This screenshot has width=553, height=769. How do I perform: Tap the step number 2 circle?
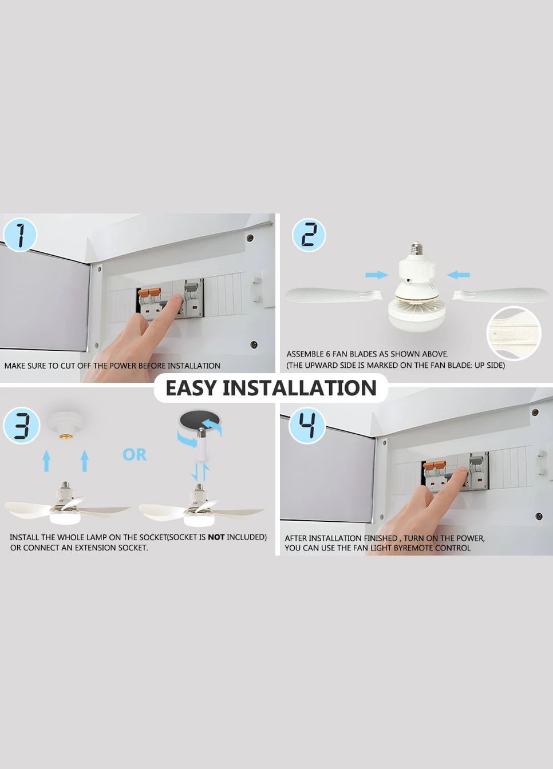coord(309,236)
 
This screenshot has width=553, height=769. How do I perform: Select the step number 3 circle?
coord(21,426)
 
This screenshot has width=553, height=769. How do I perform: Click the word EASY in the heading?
coord(191,388)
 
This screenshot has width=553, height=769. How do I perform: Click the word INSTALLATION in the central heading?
coord(299,388)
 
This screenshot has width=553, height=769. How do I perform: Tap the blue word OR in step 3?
coord(135,454)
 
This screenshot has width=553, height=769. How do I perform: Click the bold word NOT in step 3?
coord(216,537)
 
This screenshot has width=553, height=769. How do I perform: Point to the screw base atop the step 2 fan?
coord(417,249)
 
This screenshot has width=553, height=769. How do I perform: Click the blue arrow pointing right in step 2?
coord(377,275)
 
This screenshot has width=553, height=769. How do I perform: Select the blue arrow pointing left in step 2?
coord(458,275)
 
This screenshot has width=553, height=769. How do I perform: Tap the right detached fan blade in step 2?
coord(501,295)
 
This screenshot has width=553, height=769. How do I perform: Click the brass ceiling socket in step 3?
coord(65,435)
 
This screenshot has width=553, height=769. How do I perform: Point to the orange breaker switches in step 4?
coord(434,466)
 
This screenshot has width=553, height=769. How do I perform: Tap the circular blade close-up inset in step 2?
coord(513,334)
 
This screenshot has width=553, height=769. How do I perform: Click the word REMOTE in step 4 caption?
coord(417,548)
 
